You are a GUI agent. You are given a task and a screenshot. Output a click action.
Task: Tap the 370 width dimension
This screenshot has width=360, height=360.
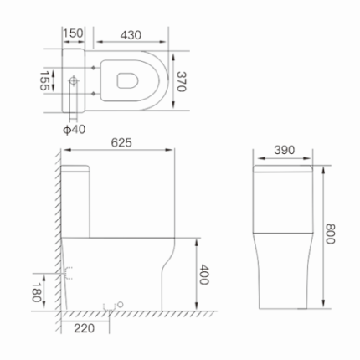point(183,82)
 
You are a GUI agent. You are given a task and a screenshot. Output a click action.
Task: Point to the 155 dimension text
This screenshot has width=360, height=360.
point(43,82)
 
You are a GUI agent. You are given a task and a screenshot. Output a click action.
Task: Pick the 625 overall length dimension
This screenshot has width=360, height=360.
point(123,144)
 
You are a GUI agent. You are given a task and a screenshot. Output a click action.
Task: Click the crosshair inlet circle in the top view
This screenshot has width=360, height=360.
point(75,82)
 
